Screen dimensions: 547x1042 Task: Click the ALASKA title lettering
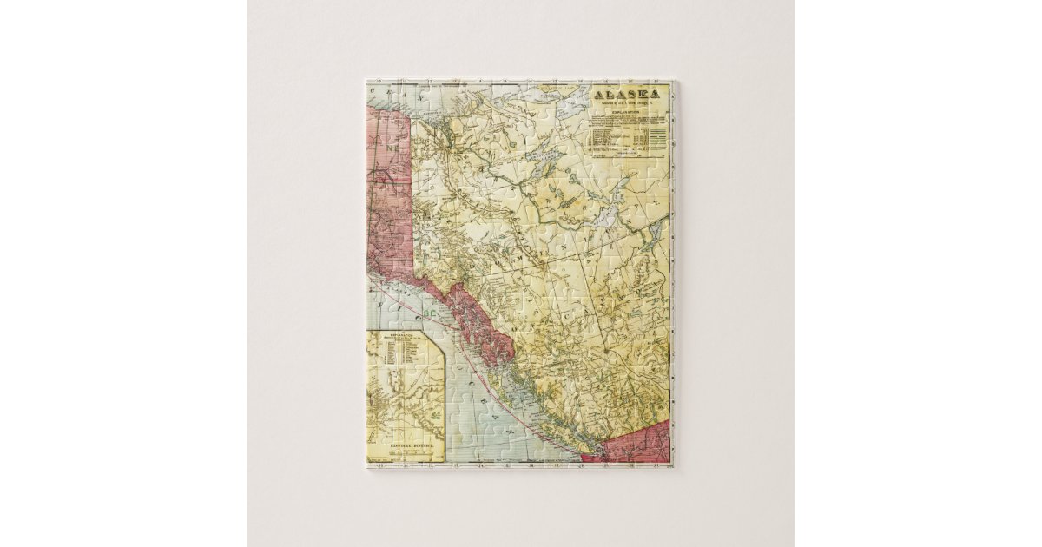tap(625, 95)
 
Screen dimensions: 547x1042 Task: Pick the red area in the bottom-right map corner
tap(643, 443)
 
